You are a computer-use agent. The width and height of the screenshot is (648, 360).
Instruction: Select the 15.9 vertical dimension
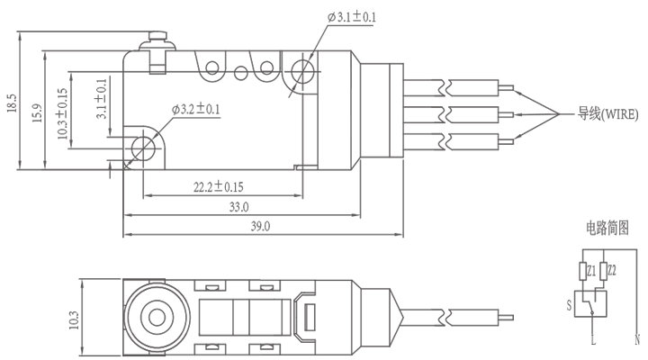point(36,114)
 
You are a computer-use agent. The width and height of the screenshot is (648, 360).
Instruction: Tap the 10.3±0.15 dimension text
point(62,114)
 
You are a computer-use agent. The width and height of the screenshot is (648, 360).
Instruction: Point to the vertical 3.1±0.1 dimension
point(102,98)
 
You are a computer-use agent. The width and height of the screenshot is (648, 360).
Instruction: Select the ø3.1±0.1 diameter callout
point(352,17)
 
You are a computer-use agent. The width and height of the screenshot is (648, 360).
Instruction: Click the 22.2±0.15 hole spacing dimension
point(219,186)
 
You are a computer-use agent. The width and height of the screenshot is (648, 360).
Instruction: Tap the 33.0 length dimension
point(238,207)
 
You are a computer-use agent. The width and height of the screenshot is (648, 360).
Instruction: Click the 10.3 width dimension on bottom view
point(74,318)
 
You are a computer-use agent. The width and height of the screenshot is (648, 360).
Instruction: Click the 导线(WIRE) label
point(608,114)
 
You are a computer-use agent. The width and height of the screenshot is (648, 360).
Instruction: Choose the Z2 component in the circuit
point(612,270)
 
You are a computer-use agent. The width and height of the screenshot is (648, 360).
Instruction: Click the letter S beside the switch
point(569,305)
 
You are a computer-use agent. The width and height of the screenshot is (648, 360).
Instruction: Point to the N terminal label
point(637,340)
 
